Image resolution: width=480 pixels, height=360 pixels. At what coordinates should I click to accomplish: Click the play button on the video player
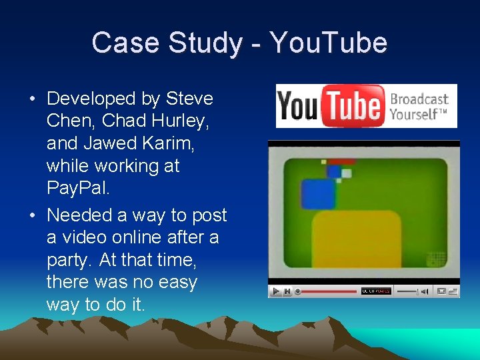(275, 291)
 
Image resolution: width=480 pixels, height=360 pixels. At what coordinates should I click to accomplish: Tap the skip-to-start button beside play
(287, 291)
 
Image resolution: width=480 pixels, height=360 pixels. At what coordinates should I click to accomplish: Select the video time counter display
(375, 291)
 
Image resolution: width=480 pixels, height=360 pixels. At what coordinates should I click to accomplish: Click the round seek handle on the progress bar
(298, 291)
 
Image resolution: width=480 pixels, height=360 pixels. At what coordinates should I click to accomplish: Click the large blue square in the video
(318, 195)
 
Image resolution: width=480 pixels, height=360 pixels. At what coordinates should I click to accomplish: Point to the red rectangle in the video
(341, 161)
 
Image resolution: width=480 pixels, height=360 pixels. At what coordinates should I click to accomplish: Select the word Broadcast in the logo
(419, 100)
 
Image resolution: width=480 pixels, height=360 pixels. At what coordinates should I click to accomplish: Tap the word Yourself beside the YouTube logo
(415, 114)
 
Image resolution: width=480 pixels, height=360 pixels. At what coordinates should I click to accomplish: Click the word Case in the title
(126, 43)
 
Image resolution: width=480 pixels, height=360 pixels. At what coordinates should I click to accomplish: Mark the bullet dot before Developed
(32, 99)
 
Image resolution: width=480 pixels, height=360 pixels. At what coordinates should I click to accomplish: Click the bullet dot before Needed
(32, 216)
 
